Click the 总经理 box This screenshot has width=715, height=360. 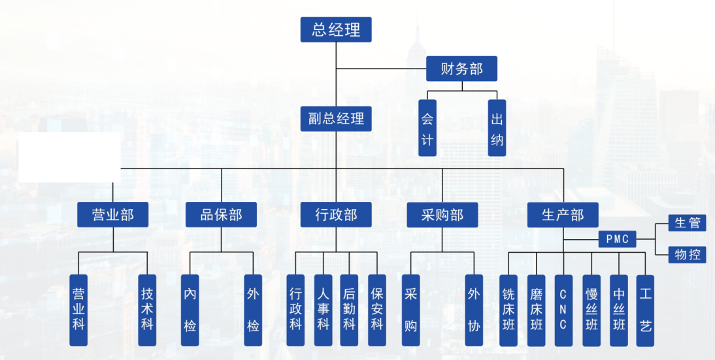point(336,29)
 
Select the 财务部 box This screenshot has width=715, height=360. point(461,69)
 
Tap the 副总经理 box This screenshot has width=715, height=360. point(336,120)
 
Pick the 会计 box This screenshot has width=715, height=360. point(427,128)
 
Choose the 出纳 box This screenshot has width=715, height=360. point(497,128)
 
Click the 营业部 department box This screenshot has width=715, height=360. point(113,214)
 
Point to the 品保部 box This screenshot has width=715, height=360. point(221,214)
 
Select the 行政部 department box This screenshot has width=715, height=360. point(336,214)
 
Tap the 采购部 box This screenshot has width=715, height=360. point(442,214)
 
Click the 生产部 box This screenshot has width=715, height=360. point(563,214)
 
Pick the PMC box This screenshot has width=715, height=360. point(616,240)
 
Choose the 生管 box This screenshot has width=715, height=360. point(687,223)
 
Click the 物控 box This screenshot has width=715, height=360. point(687,254)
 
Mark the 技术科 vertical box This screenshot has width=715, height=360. point(147,310)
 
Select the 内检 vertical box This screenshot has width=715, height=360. point(190,310)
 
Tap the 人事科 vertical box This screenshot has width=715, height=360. point(323,310)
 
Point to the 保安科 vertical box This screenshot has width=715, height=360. point(377,310)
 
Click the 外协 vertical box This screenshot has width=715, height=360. point(474,310)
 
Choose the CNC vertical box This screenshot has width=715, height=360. point(563,310)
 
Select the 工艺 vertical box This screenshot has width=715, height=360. point(645,310)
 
